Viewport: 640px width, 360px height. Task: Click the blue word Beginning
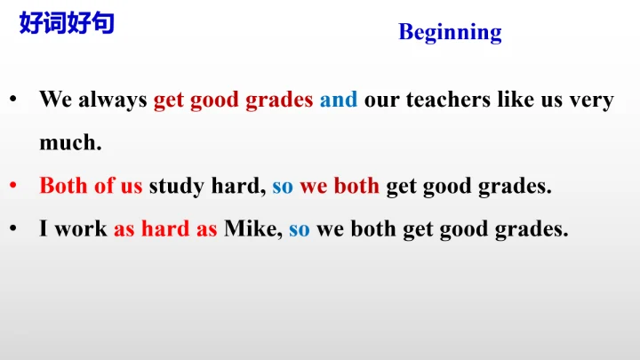(450, 33)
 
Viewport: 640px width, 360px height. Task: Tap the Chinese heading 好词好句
(67, 23)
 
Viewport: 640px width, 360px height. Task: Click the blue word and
(338, 100)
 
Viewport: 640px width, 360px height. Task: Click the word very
(591, 100)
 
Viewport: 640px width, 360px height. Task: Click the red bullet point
(13, 187)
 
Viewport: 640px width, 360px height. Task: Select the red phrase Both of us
(91, 187)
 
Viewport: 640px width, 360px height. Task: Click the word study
(175, 187)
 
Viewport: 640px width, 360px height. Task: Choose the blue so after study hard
(282, 187)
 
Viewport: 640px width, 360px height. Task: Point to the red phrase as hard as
(165, 229)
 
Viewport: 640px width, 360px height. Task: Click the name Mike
(252, 229)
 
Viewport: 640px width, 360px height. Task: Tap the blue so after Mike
(299, 229)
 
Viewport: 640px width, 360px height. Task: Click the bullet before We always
(13, 100)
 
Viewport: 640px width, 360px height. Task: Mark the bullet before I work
(13, 229)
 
